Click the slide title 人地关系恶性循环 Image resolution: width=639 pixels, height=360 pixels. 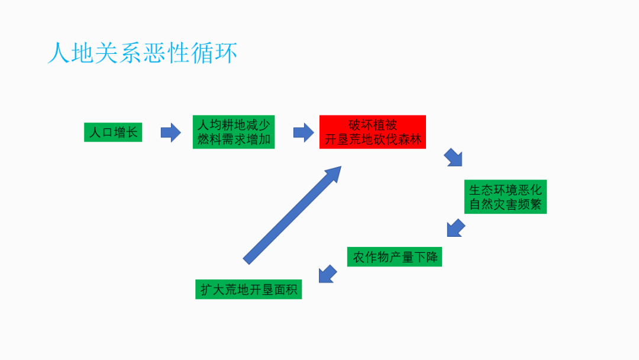(x=143, y=53)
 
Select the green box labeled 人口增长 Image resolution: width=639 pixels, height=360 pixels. (x=113, y=132)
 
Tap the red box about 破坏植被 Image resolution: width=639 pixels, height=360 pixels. (x=373, y=132)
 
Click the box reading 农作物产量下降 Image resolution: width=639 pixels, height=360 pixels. (x=394, y=257)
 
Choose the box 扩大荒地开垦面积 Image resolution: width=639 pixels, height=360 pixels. (x=248, y=290)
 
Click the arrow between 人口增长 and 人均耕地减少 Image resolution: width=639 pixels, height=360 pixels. (x=171, y=132)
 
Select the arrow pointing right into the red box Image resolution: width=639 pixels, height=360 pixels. (x=304, y=132)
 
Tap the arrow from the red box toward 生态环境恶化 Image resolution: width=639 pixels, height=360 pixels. (x=453, y=157)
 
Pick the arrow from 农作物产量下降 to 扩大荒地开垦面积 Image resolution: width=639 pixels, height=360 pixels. (x=328, y=274)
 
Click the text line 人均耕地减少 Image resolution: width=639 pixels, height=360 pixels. (x=234, y=125)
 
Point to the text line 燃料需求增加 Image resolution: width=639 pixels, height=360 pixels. (x=234, y=140)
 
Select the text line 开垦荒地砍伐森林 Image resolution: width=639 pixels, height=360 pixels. (x=373, y=140)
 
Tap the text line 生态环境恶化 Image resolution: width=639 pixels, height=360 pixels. (x=505, y=190)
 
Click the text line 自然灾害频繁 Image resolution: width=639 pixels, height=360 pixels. (x=505, y=205)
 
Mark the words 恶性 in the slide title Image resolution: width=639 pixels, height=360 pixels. (x=166, y=53)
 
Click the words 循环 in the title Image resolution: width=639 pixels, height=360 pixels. (x=214, y=53)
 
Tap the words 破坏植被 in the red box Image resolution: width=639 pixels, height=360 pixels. (x=373, y=125)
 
